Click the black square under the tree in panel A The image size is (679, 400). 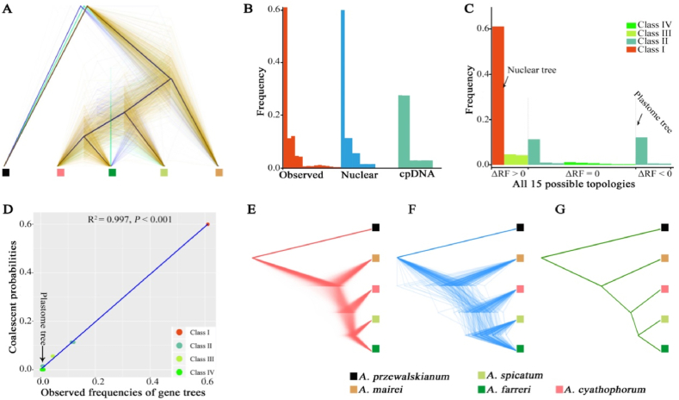6,172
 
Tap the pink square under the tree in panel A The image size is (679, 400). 60,172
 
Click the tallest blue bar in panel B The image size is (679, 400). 343,86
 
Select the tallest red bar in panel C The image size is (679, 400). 497,95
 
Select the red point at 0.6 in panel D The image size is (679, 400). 207,225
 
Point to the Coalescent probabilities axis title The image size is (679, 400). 9,293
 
